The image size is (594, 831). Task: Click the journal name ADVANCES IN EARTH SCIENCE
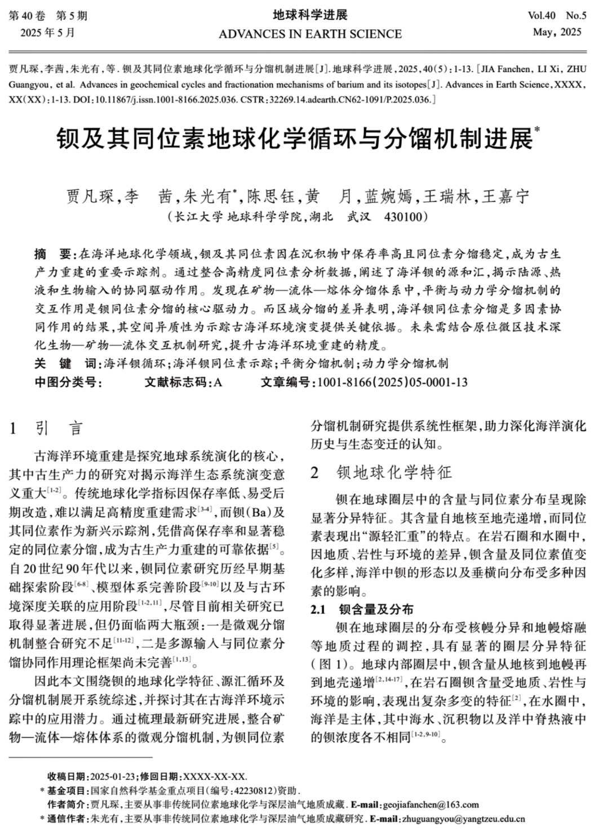[310, 34]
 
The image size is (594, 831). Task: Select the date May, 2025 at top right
[557, 32]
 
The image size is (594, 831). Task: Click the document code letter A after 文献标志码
[218, 382]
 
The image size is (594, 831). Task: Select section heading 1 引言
[46, 429]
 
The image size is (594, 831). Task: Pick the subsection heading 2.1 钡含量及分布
[362, 609]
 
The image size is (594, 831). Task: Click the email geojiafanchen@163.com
[431, 805]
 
